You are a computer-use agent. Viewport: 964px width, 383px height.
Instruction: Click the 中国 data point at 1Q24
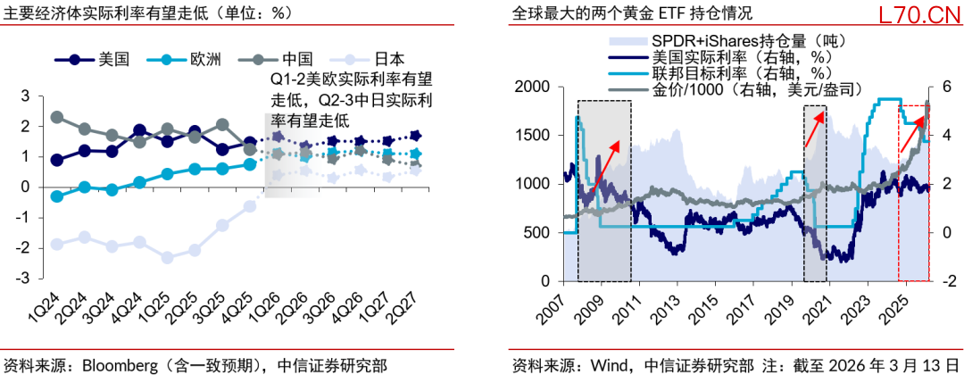tap(57, 117)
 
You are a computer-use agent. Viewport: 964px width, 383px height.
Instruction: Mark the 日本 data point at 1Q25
tap(167, 257)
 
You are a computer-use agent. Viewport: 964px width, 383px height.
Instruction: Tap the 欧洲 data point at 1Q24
tap(57, 196)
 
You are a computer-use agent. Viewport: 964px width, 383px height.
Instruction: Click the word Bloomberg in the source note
tap(121, 365)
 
